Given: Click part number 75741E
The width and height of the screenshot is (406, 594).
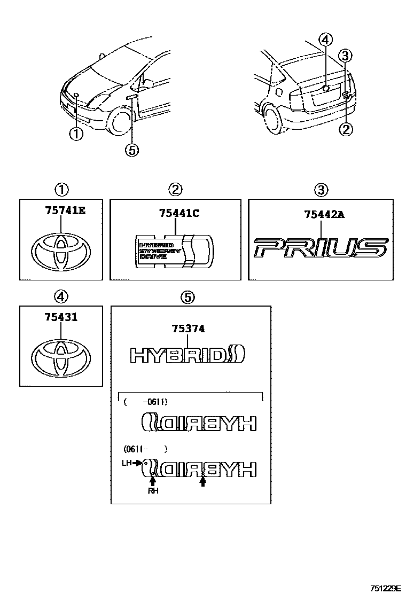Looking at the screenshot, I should [x=61, y=211].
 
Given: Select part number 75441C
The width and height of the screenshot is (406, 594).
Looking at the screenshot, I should [x=178, y=214].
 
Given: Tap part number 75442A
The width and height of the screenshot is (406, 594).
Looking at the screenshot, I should [x=324, y=215].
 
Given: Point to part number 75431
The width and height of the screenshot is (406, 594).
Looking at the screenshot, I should [x=60, y=317].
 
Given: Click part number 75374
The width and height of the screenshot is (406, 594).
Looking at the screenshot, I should [x=188, y=330].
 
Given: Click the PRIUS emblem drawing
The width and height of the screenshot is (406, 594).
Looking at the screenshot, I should [x=321, y=248].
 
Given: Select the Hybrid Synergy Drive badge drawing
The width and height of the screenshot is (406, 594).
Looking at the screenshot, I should [x=175, y=249].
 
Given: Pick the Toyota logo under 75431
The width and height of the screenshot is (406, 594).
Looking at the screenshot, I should [x=61, y=357].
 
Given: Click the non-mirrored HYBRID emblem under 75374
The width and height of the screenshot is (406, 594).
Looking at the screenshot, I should [x=187, y=355].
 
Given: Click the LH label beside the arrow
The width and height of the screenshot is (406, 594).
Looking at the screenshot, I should [x=126, y=463].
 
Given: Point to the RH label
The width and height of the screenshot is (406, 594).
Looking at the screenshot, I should [x=153, y=490].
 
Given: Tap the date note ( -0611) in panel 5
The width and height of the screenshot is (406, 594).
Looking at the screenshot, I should [x=145, y=403].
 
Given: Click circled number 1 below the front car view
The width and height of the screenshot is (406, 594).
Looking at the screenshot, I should [x=76, y=134].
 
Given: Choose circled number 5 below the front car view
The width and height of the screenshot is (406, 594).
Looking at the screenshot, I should [x=131, y=151].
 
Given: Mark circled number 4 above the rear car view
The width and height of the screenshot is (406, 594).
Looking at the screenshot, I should [x=325, y=39].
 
